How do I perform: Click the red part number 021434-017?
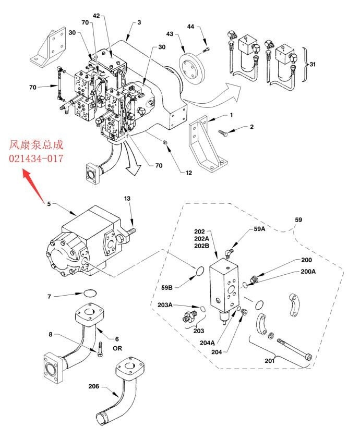click(36, 158)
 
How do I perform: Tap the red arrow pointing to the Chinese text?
click(33, 186)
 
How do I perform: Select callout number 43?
click(170, 34)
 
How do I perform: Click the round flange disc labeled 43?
click(192, 67)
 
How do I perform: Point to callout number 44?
click(190, 26)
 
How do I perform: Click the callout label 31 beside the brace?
click(313, 64)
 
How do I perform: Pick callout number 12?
click(188, 173)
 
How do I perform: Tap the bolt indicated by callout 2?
click(223, 133)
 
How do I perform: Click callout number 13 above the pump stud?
click(127, 198)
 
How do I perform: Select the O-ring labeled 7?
click(90, 293)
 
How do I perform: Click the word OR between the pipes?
click(117, 348)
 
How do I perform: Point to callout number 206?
click(94, 386)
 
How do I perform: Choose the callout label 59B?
click(166, 287)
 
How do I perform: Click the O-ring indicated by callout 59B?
click(199, 271)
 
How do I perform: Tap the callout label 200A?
click(308, 271)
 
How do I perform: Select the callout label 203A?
click(165, 304)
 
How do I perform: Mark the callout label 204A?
click(207, 343)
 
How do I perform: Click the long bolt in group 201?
click(294, 349)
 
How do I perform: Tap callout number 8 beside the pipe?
click(51, 334)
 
